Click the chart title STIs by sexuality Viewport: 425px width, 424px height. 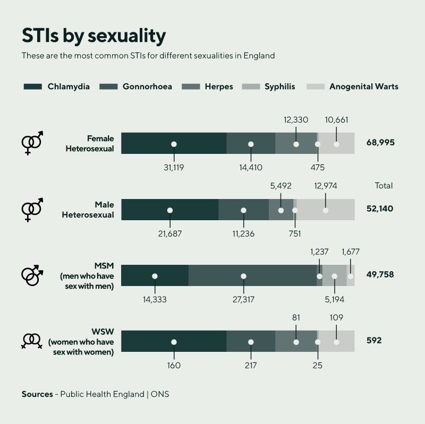click(93, 36)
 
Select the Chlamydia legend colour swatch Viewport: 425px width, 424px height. click(32, 86)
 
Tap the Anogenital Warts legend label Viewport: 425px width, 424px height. click(363, 86)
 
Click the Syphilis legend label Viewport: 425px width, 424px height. click(279, 86)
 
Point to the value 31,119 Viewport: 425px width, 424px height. click(174, 167)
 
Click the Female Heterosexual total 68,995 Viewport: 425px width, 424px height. click(380, 143)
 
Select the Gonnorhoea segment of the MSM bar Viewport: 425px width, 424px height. click(252, 275)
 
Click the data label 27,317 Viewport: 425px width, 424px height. click(243, 299)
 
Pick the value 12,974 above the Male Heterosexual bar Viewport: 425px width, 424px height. click(326, 186)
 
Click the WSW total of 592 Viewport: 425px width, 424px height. click(374, 341)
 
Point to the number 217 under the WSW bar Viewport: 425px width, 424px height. click(251, 365)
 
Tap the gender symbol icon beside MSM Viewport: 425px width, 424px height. click(32, 275)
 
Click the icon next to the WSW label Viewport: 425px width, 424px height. click(32, 341)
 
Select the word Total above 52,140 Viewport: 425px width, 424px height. click(384, 186)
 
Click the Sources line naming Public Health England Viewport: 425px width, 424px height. click(96, 394)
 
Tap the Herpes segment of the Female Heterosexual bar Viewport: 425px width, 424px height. click(296, 143)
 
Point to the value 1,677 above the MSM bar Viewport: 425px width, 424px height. click(351, 252)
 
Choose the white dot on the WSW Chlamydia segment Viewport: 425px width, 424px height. click(174, 342)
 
